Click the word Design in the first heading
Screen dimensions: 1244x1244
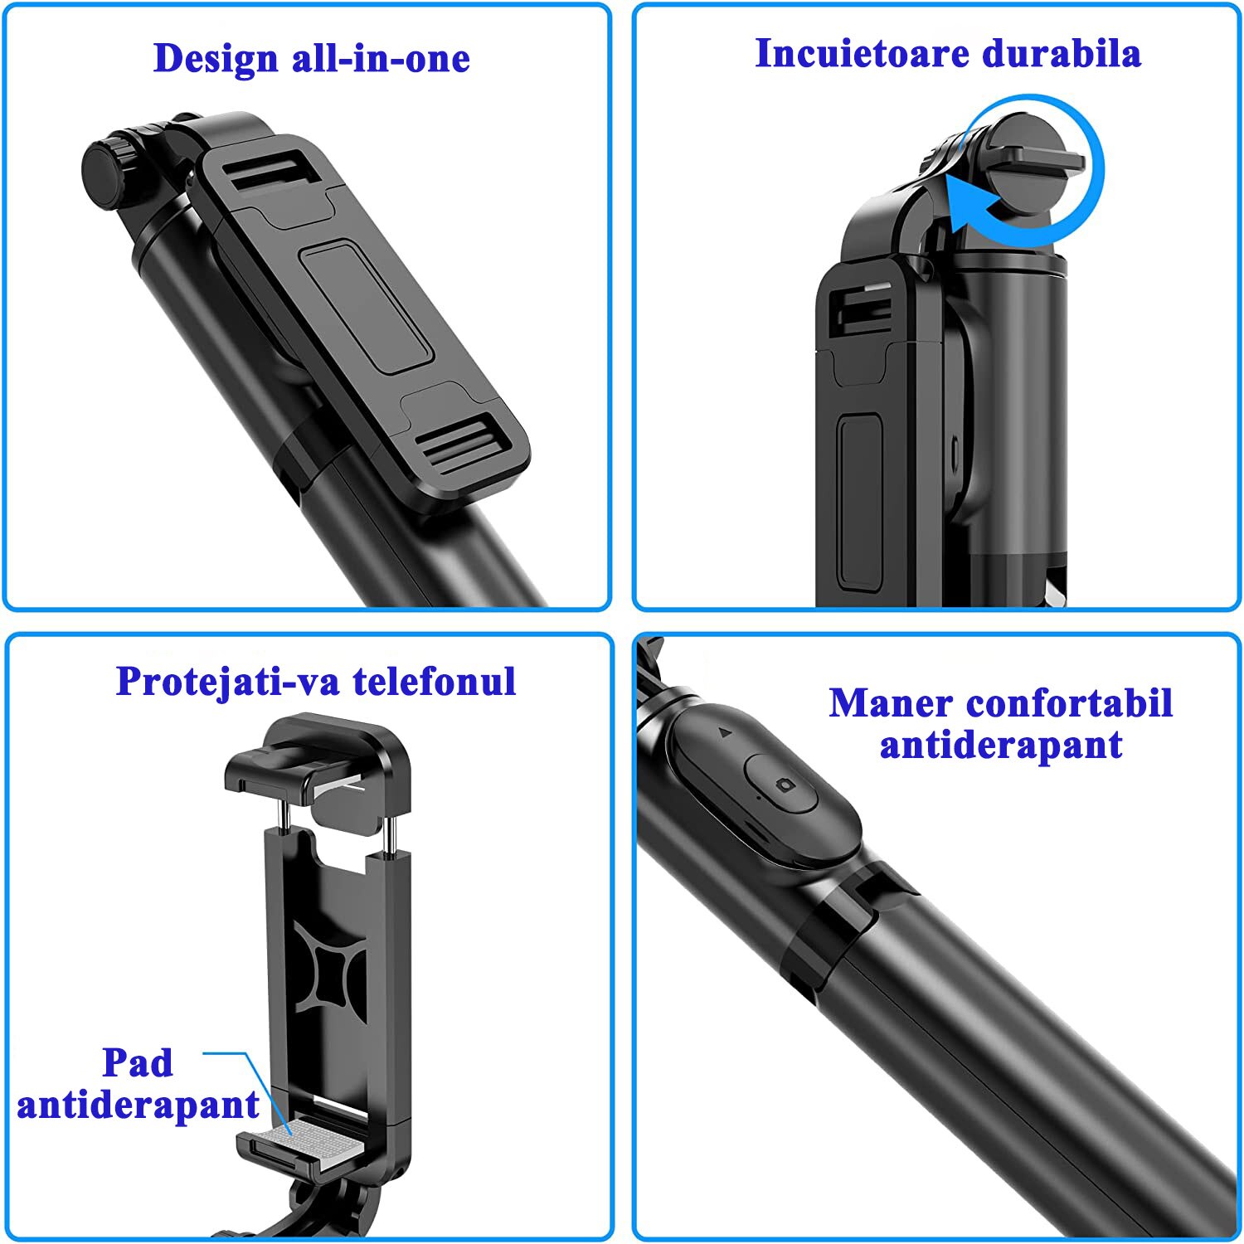click(216, 60)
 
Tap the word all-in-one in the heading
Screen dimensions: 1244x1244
click(381, 58)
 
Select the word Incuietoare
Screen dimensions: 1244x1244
click(863, 53)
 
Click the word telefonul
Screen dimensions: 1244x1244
click(435, 682)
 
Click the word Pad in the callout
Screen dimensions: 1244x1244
click(138, 1062)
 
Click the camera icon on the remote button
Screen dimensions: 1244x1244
click(783, 785)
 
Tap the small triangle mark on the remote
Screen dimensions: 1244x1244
click(724, 733)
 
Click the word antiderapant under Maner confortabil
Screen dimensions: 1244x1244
click(1001, 746)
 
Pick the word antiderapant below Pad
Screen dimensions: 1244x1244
click(138, 1106)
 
